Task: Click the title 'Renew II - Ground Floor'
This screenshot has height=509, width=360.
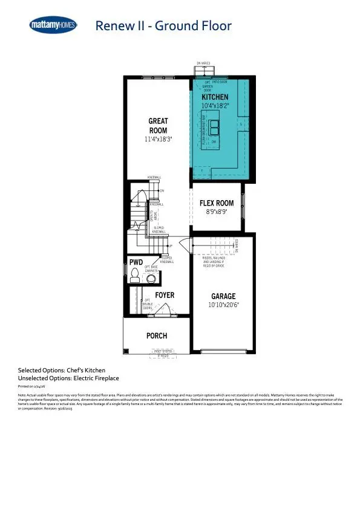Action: [x=163, y=26]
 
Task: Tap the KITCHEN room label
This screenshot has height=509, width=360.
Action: [x=215, y=97]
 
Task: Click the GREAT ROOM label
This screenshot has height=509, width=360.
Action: [x=158, y=126]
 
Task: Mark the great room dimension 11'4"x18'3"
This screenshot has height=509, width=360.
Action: [x=158, y=139]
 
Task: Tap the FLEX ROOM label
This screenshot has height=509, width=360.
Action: [x=217, y=204]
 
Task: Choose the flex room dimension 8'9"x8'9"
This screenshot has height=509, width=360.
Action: [x=217, y=212]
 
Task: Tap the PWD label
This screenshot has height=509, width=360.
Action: [x=136, y=262]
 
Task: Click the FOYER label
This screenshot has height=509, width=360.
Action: [x=165, y=295]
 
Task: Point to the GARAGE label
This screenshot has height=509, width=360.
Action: [x=223, y=296]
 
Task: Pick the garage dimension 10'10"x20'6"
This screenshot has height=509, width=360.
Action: [x=223, y=305]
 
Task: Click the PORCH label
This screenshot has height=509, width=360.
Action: [x=157, y=336]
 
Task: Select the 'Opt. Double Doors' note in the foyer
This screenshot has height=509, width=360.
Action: [x=148, y=304]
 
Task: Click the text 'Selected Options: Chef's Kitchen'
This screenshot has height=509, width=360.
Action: [x=61, y=369]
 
